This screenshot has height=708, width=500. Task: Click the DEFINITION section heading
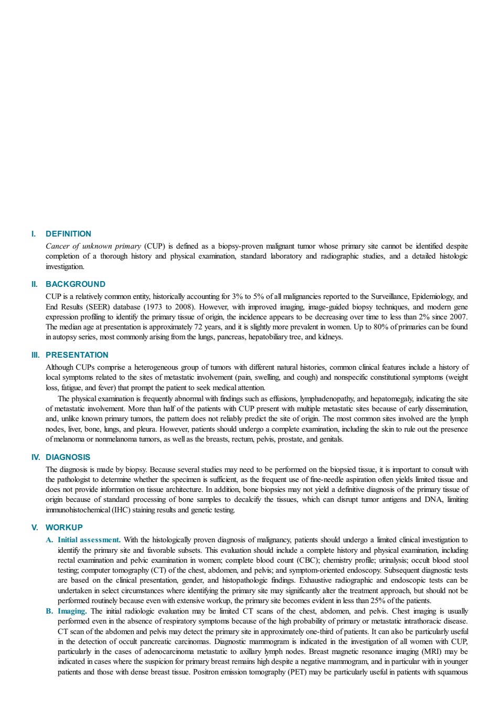pos(68,233)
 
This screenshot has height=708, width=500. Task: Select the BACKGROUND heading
pos(76,284)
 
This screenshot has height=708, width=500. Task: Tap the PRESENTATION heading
pos(77,355)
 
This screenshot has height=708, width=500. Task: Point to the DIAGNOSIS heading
pos(68,457)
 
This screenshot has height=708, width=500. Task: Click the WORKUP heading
pos(64,527)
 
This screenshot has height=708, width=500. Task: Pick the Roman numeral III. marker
pos(36,355)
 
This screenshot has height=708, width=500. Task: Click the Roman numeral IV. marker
pos(36,457)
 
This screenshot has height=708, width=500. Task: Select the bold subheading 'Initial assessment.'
pos(89,540)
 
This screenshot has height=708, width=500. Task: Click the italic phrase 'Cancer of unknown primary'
pos(93,246)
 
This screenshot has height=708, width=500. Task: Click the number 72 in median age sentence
pos(198,327)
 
